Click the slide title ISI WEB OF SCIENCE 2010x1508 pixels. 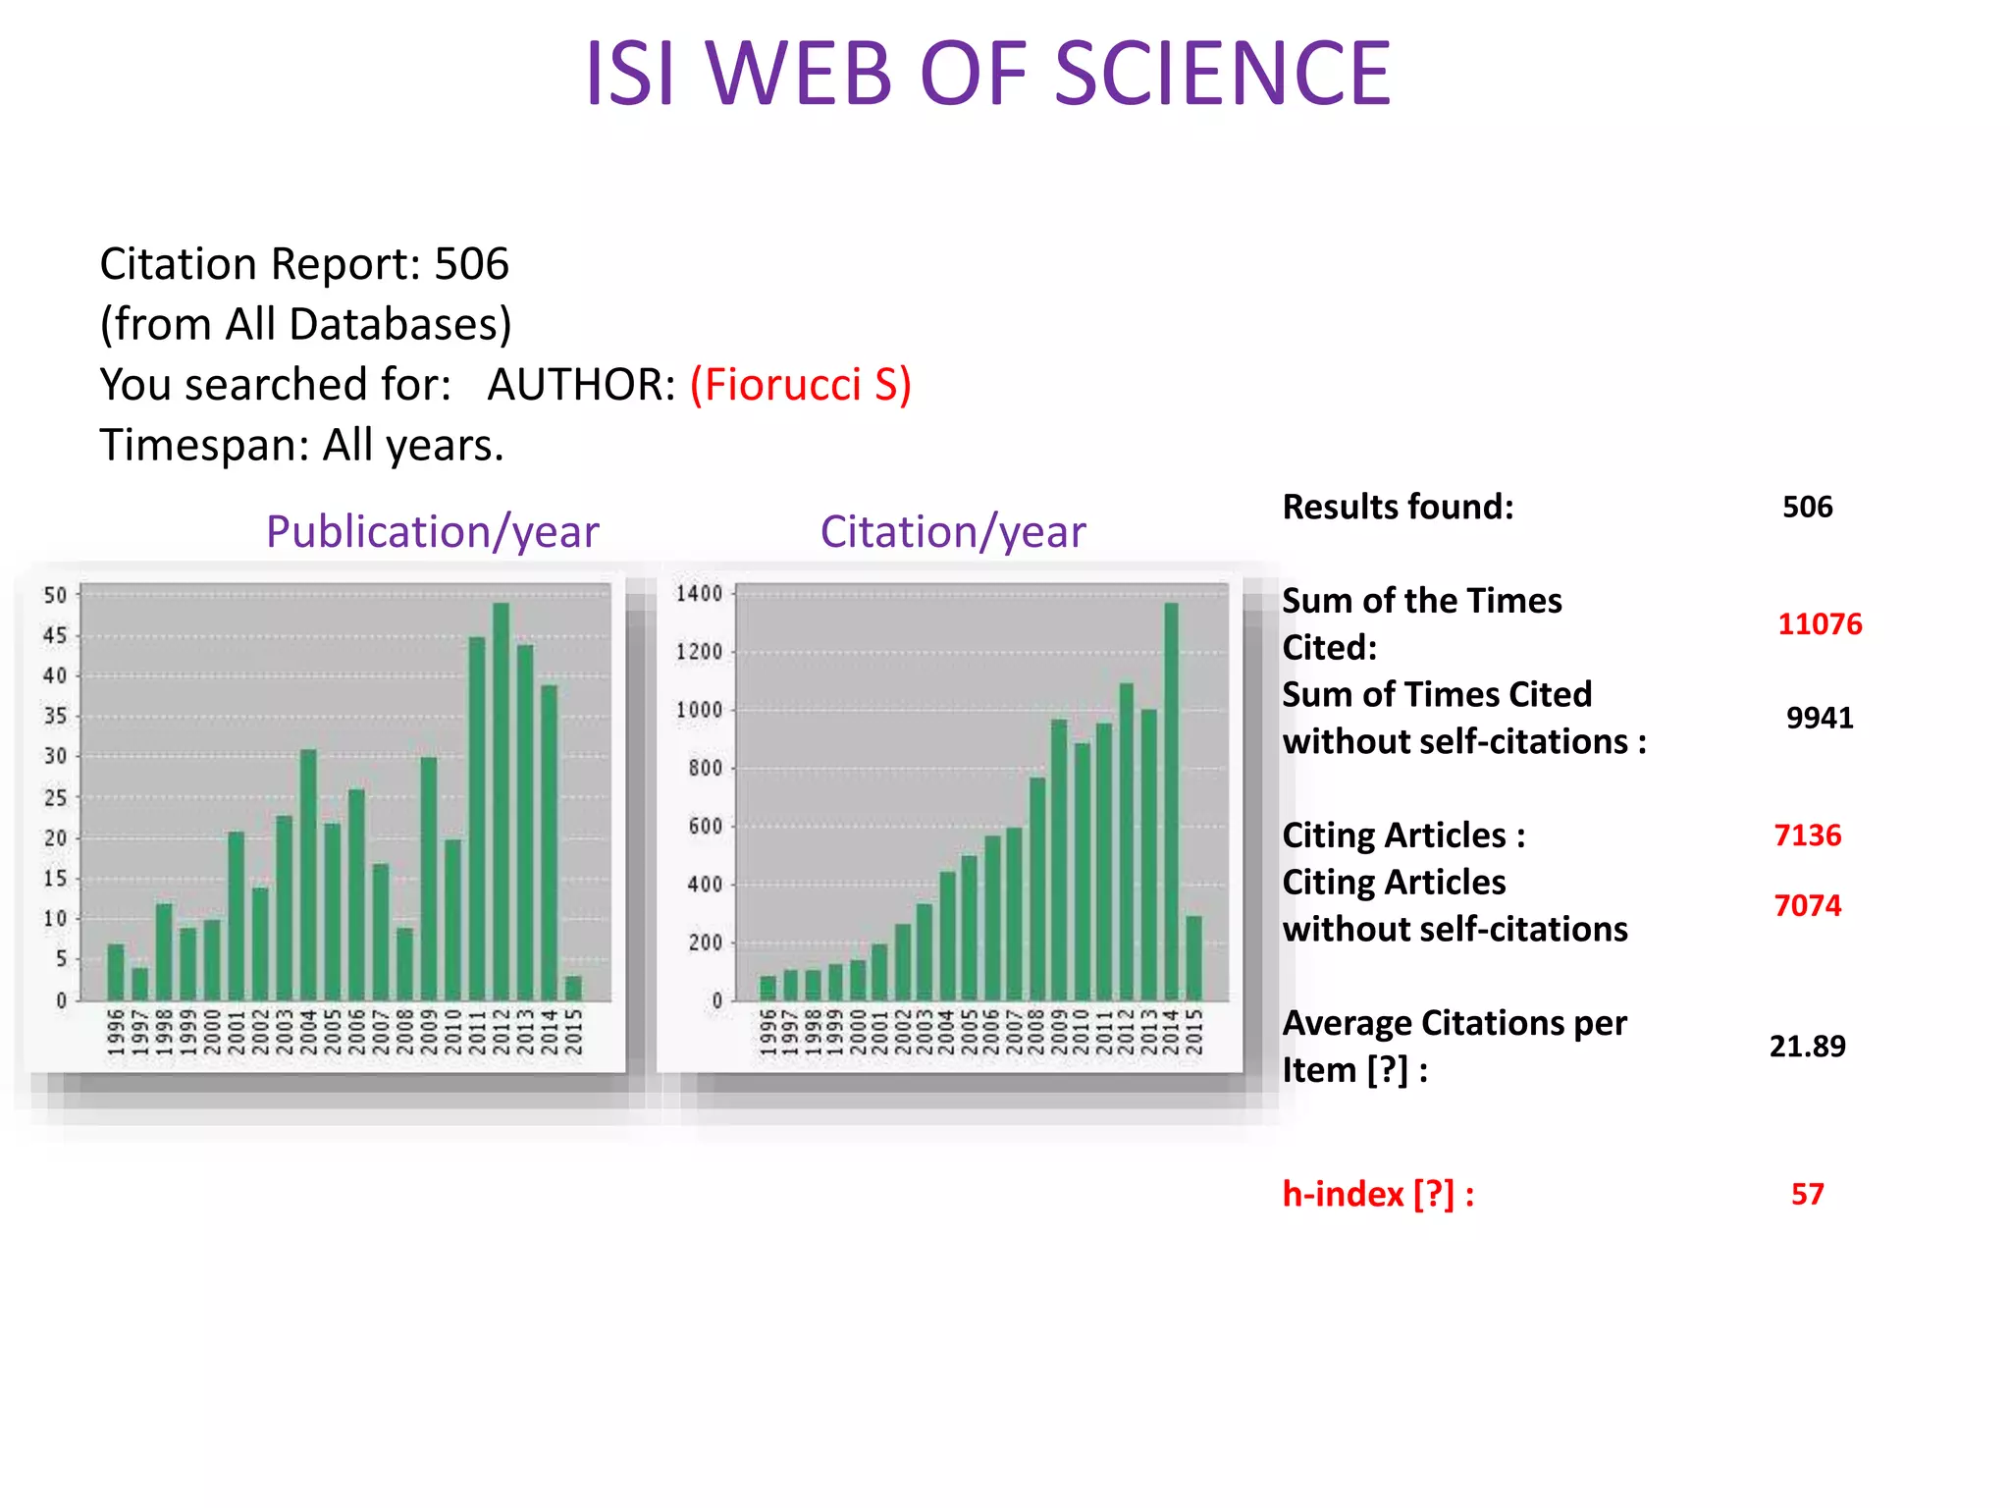987,74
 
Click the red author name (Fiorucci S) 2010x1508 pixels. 800,384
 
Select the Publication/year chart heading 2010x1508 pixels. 432,532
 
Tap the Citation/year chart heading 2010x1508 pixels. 952,532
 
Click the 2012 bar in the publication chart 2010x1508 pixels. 501,801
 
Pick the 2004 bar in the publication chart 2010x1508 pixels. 308,874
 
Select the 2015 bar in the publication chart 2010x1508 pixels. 573,988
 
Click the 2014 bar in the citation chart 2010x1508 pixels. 1171,801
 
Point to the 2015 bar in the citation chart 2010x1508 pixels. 1193,957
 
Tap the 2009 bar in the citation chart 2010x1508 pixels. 1059,859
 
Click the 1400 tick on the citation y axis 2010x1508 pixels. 699,594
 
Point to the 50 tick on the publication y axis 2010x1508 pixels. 55,596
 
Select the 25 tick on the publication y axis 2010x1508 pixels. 55,798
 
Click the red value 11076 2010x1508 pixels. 1820,624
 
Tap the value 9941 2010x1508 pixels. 1820,719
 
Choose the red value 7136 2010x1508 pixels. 1807,835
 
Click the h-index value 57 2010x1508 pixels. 1807,1194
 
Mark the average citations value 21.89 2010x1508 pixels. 1807,1047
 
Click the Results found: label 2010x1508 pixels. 1398,508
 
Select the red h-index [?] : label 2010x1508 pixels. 1378,1194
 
